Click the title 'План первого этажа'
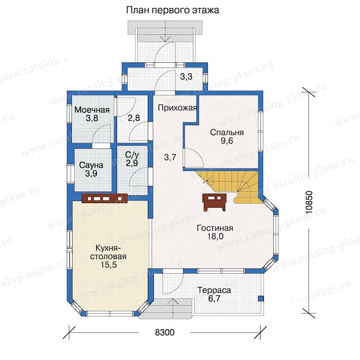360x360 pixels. (172, 10)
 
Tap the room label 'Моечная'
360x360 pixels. (92, 110)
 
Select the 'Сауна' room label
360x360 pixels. (91, 165)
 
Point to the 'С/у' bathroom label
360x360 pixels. (132, 155)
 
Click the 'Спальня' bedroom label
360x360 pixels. (227, 133)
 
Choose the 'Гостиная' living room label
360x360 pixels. (215, 228)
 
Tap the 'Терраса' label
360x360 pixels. (214, 290)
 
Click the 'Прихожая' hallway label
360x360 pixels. (177, 108)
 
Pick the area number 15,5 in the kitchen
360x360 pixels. (108, 265)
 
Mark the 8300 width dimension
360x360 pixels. (165, 332)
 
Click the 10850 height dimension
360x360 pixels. (309, 202)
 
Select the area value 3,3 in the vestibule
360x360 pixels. (186, 77)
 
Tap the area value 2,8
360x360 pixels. (134, 118)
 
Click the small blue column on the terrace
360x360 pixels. (260, 298)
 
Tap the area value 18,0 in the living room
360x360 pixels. (215, 236)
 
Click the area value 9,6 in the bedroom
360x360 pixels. (227, 141)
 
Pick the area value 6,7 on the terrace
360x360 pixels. (214, 299)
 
